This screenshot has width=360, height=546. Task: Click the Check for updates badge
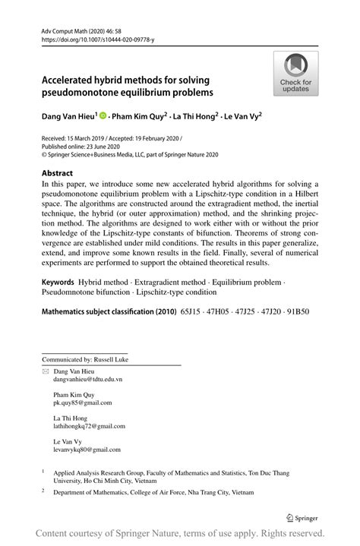(x=295, y=74)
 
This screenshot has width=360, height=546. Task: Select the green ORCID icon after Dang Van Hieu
(x=103, y=118)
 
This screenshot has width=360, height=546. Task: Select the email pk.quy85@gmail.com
(x=82, y=402)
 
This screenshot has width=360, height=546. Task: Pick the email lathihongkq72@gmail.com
(x=89, y=426)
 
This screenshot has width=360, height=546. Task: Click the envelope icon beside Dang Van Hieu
(x=45, y=370)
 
